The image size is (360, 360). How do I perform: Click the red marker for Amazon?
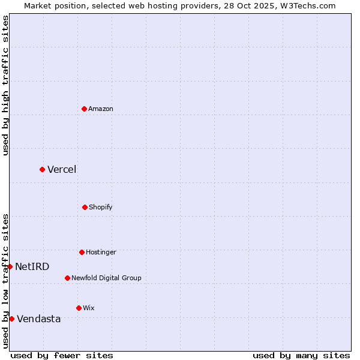point(85,109)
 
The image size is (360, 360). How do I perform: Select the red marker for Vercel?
point(42,169)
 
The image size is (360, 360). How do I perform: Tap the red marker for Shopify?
point(85,207)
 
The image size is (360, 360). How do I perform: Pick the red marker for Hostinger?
point(82,252)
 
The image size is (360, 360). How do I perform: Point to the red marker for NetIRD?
point(10,266)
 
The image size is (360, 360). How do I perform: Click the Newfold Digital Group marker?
point(67,278)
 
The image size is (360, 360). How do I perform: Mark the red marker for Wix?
point(79,308)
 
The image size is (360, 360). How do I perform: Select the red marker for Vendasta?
point(11,319)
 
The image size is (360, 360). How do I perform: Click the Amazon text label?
point(101,109)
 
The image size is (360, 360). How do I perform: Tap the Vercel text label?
point(62,169)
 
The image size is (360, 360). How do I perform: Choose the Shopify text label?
point(101,207)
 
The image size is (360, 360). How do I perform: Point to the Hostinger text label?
point(101,252)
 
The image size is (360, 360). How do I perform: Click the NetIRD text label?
point(32,266)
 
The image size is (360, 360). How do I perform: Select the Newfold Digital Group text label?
point(106,278)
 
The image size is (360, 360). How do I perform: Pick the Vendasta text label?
point(39,319)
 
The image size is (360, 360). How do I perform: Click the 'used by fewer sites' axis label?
point(62,355)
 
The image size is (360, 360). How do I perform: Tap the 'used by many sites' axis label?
point(301,355)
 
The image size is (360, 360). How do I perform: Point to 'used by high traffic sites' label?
point(5,85)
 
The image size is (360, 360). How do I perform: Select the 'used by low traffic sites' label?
point(5,281)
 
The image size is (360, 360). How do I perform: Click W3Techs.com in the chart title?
point(307,5)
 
